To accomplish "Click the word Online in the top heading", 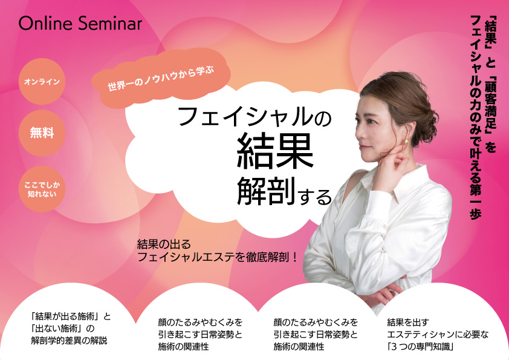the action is tap(45, 24).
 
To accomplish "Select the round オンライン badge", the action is tap(42, 81).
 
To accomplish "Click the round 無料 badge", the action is tap(42, 133).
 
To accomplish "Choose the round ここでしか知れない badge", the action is tap(42, 189).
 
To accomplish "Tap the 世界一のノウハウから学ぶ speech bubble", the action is tap(161, 78).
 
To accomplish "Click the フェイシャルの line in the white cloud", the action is tap(254, 117).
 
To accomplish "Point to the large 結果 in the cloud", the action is tap(275, 152).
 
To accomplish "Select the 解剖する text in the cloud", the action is tap(284, 192).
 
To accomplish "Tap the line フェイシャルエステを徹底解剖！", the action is tap(217, 257).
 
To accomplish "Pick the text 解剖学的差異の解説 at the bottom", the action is tap(69, 341).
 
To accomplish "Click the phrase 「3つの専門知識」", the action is tap(420, 347).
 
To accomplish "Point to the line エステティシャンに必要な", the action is tap(438, 335).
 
